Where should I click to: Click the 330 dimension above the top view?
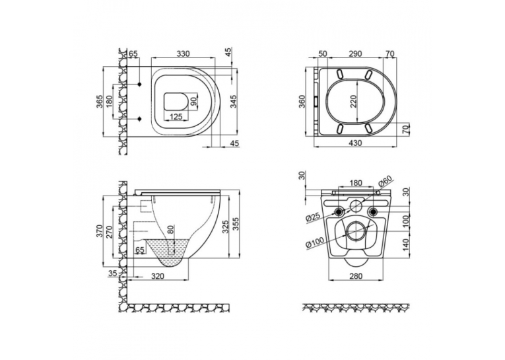[x=183, y=54]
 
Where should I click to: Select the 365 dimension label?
[x=99, y=102]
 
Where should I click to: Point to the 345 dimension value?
[x=234, y=101]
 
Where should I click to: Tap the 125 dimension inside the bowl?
[x=176, y=116]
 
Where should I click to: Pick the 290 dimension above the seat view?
[x=355, y=54]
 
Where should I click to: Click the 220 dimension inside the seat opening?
[x=354, y=102]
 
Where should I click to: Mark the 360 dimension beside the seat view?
[x=301, y=102]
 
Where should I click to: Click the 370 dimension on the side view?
[x=99, y=231]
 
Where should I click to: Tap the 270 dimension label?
[x=110, y=232]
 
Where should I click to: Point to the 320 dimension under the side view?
[x=158, y=276]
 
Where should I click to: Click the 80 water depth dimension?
[x=171, y=229]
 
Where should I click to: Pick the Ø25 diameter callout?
[x=312, y=216]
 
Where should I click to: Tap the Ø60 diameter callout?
[x=385, y=182]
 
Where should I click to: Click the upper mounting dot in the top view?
[x=140, y=84]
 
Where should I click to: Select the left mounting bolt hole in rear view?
[x=339, y=211]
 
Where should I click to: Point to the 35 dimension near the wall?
[x=112, y=273]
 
